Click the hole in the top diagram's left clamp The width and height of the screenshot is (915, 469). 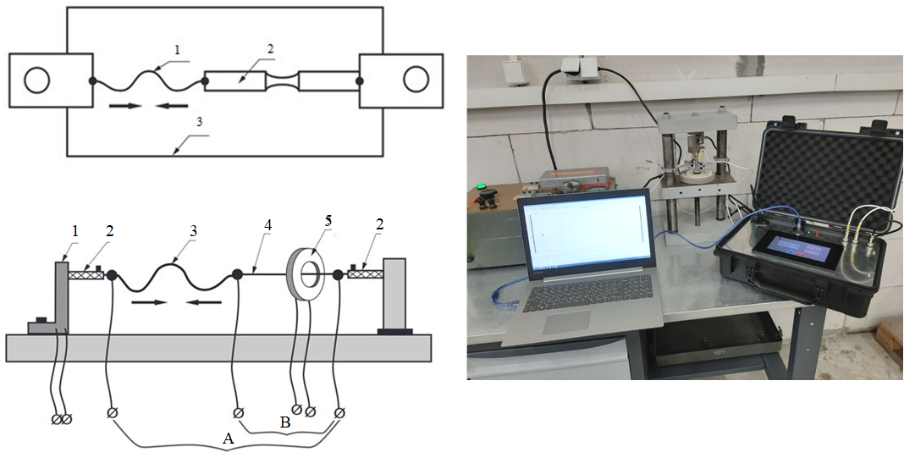click(x=36, y=80)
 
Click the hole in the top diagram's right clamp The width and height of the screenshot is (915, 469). click(x=416, y=80)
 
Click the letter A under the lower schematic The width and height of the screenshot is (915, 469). click(x=227, y=439)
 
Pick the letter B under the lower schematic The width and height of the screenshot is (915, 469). click(x=285, y=420)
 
